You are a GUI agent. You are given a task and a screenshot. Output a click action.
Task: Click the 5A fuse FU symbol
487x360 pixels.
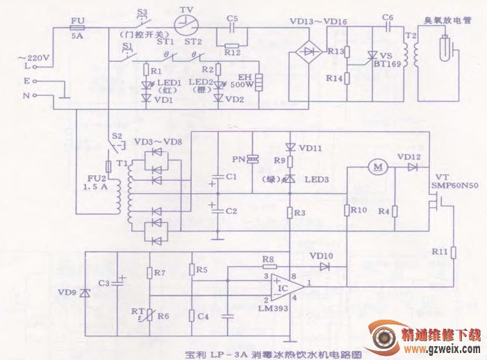pos(77,28)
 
